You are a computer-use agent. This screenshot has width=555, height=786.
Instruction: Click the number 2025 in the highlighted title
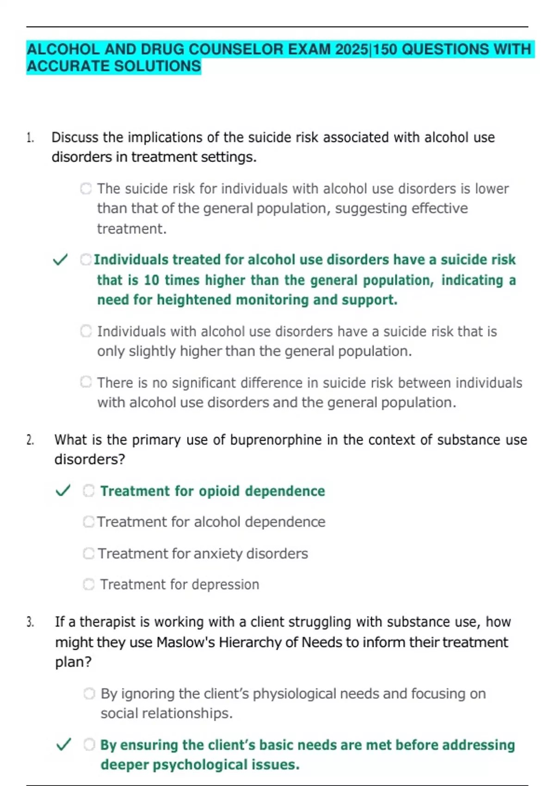tap(352, 49)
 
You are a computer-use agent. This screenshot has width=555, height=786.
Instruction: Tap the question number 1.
tap(30, 138)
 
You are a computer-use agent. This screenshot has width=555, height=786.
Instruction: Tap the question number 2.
tap(30, 440)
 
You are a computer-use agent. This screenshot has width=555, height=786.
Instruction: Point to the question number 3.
tap(30, 622)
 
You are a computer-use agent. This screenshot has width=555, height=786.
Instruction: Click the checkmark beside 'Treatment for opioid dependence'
tap(63, 491)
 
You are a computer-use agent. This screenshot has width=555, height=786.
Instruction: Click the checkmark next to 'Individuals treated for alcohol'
tap(61, 260)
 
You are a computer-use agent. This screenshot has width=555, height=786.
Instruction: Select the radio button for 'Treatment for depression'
tap(88, 584)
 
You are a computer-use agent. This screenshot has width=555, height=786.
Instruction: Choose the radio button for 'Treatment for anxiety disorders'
tap(88, 553)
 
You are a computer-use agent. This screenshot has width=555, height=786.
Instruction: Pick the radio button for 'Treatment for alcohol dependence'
tap(88, 522)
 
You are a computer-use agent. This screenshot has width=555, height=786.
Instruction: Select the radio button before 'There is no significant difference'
tap(86, 382)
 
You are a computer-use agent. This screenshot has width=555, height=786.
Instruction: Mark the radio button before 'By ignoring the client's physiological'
tap(89, 694)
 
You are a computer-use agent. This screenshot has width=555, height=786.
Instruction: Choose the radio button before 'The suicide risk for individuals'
tap(86, 189)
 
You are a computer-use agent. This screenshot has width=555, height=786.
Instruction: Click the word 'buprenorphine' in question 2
tap(276, 440)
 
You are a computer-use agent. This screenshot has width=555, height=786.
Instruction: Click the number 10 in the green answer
tap(151, 280)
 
